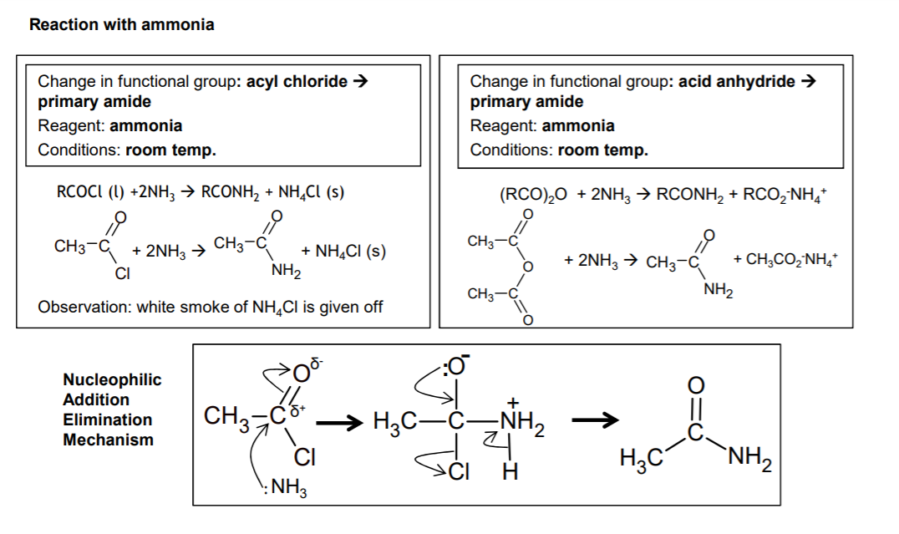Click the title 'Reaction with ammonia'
tap(121, 25)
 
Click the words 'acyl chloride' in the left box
tap(297, 81)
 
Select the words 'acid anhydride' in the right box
tap(737, 81)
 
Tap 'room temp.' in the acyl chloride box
tap(170, 150)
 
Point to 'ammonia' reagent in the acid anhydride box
tap(578, 125)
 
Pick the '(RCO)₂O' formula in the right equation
tap(533, 195)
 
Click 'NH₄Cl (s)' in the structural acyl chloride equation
tap(350, 252)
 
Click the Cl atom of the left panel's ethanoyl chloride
tap(123, 273)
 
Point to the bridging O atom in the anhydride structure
tap(527, 267)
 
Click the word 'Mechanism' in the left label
tap(109, 440)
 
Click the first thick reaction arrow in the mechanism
tap(339, 424)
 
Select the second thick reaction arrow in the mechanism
tap(595, 420)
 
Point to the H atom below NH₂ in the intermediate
tap(510, 472)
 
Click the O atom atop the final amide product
tap(695, 386)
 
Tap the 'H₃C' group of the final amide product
tap(641, 459)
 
